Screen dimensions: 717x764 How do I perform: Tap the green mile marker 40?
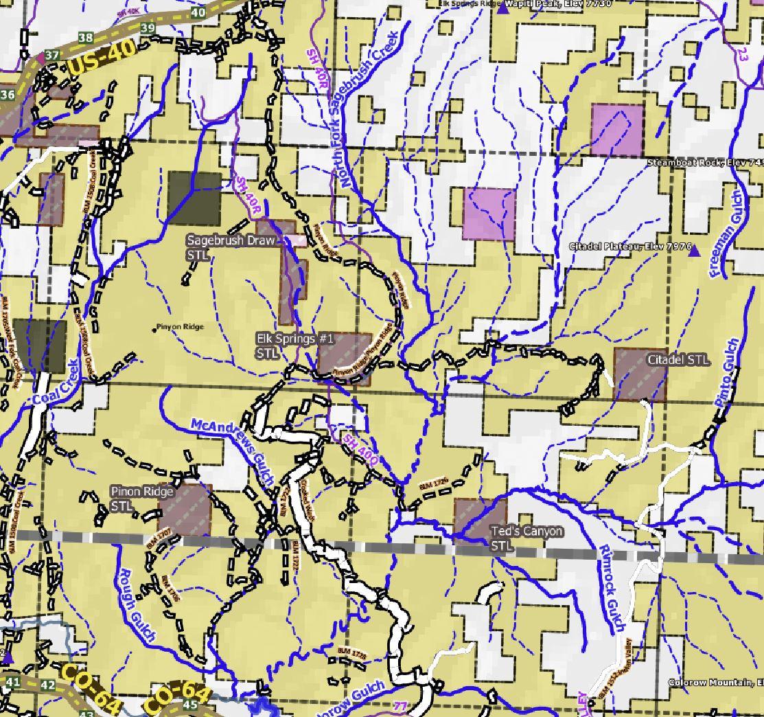coord(199,12)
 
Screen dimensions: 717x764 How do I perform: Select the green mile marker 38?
coord(86,38)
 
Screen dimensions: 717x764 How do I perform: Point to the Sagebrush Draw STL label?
coord(231,247)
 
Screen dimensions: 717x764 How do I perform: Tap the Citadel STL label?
coord(678,360)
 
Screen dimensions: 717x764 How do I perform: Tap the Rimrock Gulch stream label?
coord(610,588)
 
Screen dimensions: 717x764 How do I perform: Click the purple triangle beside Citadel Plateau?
coord(695,251)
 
